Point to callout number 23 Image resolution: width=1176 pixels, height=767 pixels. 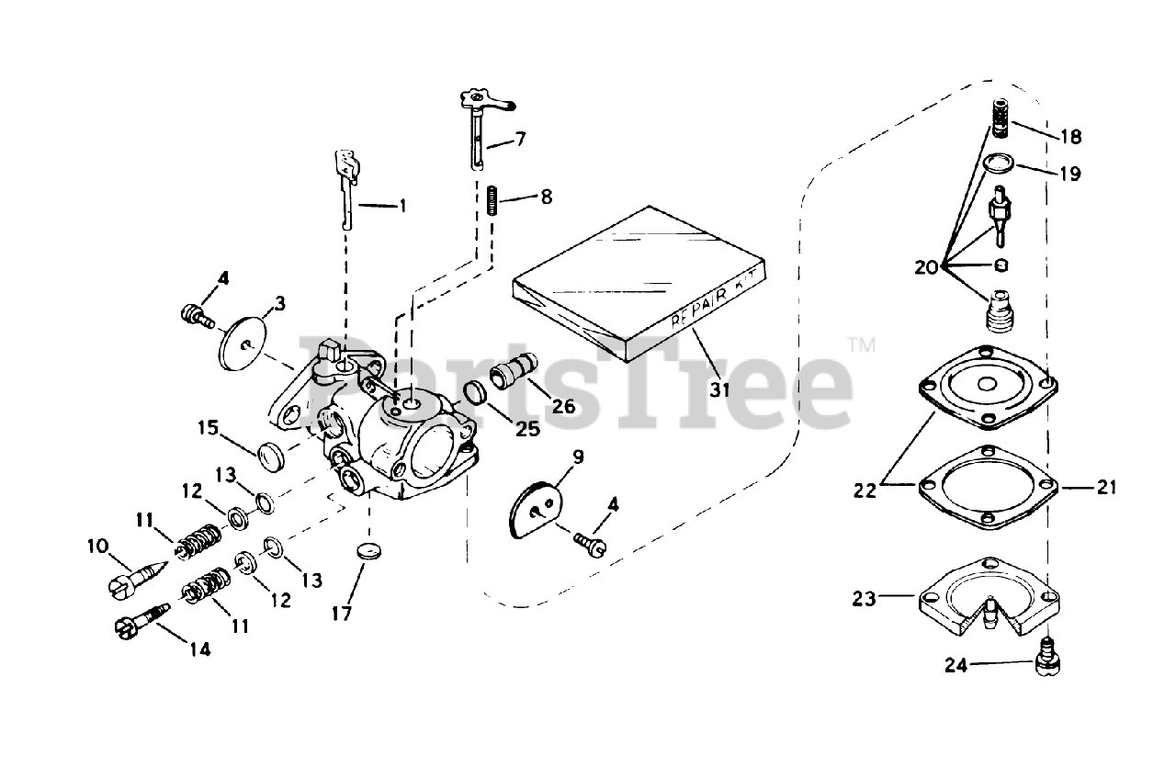point(864,599)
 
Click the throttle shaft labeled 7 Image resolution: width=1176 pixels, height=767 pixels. point(476,129)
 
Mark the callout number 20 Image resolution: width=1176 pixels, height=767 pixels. point(927,267)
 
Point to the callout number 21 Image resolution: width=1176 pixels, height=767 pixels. point(1107,487)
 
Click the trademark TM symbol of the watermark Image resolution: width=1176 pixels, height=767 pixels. point(861,346)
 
